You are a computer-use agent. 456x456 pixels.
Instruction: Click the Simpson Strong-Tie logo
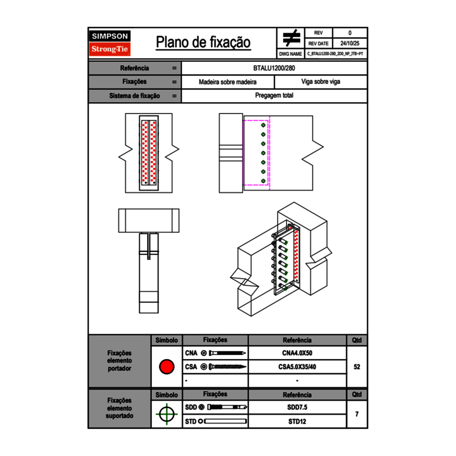[x=110, y=43]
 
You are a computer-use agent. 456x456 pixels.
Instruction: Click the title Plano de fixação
[x=203, y=42]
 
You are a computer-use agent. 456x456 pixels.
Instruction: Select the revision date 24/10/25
[x=350, y=44]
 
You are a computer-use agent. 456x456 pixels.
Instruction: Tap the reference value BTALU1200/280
[x=274, y=68]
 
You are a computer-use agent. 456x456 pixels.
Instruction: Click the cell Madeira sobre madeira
[x=228, y=82]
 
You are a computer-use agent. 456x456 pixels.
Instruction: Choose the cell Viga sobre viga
[x=320, y=82]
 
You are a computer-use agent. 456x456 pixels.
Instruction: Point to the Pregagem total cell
[x=274, y=96]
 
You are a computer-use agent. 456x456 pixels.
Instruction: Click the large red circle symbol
[x=166, y=367]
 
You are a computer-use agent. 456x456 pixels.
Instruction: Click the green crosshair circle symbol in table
[x=166, y=414]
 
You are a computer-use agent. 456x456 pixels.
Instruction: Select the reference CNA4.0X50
[x=297, y=353]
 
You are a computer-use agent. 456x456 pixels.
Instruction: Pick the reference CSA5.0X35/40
[x=297, y=367]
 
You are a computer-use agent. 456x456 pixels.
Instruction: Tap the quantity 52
[x=357, y=367]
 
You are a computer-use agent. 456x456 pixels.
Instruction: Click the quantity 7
[x=357, y=414]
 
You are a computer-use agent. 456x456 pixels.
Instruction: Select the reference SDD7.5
[x=297, y=407]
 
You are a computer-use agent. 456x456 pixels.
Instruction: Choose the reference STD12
[x=297, y=421]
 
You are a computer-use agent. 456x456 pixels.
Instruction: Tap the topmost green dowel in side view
[x=263, y=125]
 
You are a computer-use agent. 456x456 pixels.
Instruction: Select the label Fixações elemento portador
[x=119, y=361]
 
